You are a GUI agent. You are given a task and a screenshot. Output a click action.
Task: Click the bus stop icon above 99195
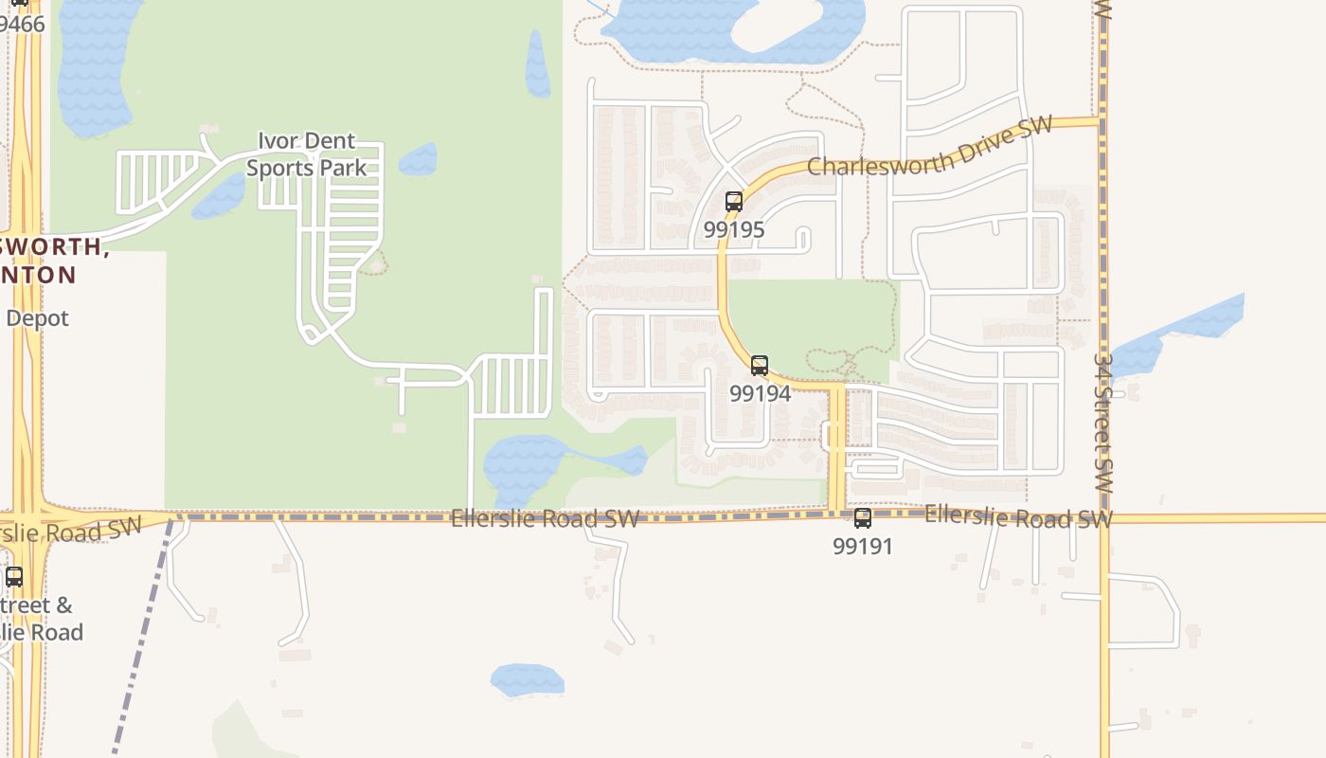[x=734, y=201]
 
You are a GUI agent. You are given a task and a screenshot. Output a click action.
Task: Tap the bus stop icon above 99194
[x=760, y=366]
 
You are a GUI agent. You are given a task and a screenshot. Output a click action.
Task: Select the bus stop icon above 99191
[x=863, y=518]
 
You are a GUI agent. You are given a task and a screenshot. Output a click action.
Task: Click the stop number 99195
[x=734, y=229]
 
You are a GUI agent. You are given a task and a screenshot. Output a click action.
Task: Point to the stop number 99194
[x=760, y=393]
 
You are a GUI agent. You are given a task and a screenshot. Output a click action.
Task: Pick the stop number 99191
[x=863, y=547]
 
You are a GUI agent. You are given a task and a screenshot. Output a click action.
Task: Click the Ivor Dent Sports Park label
[x=306, y=154]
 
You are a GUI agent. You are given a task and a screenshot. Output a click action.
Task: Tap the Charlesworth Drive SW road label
[x=929, y=149]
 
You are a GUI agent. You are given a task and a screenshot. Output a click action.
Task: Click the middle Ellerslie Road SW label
[x=545, y=519]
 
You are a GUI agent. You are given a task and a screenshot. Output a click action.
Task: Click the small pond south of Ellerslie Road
[x=527, y=678]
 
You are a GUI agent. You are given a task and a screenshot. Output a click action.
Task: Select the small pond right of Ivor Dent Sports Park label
[x=419, y=160]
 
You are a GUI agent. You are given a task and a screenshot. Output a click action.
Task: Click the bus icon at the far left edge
[x=14, y=576]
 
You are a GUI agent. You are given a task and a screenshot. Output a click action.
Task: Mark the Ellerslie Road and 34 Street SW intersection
[x=1104, y=518]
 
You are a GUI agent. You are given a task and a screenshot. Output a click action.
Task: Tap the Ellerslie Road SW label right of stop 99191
[x=1017, y=517]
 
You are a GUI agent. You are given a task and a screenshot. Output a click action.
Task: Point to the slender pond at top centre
[x=538, y=64]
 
